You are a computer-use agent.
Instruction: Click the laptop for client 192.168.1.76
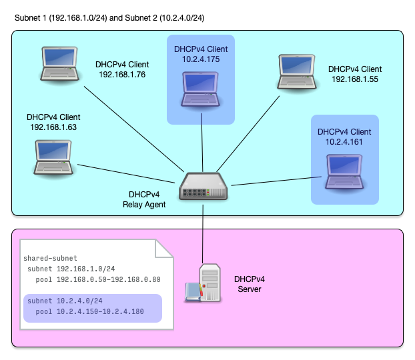click(59, 65)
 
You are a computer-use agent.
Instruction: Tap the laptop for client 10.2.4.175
click(201, 89)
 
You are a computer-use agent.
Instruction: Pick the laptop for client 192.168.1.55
click(298, 72)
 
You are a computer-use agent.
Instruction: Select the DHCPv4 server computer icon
click(204, 283)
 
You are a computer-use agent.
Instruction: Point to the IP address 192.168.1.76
click(121, 75)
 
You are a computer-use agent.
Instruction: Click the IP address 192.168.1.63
click(54, 127)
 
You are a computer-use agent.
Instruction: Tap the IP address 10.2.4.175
click(201, 59)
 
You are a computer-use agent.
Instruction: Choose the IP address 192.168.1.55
click(355, 79)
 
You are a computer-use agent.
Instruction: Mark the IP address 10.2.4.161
click(344, 142)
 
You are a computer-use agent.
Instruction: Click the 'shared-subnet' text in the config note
click(50, 258)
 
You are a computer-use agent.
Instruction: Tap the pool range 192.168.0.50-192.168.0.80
click(98, 280)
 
